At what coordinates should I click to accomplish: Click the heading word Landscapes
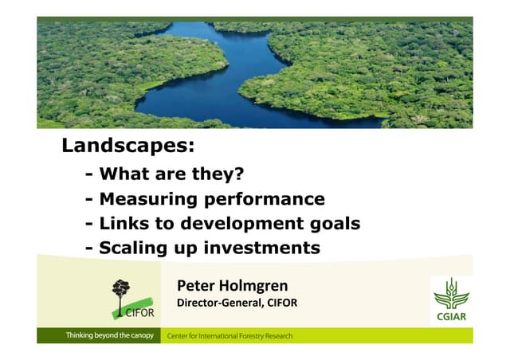click(x=127, y=147)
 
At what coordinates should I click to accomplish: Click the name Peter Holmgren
click(x=232, y=285)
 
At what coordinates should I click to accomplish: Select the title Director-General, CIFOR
click(x=236, y=303)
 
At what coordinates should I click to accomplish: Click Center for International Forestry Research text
click(x=229, y=336)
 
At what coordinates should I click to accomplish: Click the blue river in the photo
click(x=199, y=88)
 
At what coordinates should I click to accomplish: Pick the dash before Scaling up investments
click(x=88, y=248)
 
